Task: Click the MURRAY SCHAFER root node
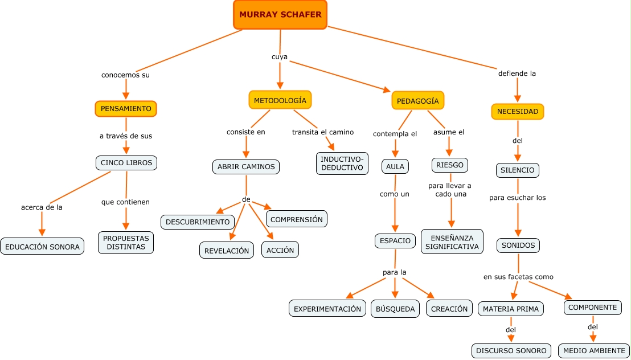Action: click(280, 15)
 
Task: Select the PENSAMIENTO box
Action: click(126, 108)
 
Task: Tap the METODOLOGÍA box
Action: click(280, 100)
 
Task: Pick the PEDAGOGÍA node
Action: click(417, 101)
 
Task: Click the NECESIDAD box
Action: click(517, 112)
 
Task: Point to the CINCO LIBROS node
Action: click(126, 163)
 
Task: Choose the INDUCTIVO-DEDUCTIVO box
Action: click(342, 163)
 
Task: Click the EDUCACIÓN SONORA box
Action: click(42, 247)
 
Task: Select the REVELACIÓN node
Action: click(227, 250)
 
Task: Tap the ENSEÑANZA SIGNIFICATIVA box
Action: click(452, 242)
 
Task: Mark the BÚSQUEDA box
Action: click(395, 309)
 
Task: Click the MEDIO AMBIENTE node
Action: click(593, 350)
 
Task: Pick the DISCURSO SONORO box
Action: click(511, 350)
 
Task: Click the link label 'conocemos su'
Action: click(125, 75)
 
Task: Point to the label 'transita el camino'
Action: click(323, 132)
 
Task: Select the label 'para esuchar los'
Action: click(517, 198)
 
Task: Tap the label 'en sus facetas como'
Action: click(518, 277)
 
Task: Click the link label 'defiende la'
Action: click(517, 73)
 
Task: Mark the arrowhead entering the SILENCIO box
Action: click(518, 158)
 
